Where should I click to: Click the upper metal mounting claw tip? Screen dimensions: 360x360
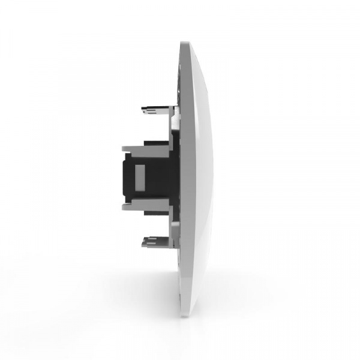pyautogui.click(x=142, y=109)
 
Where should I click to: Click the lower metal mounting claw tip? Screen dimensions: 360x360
pyautogui.click(x=142, y=243)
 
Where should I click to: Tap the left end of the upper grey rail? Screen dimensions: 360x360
pyautogui.click(x=124, y=148)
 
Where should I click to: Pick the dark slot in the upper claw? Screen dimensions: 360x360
pyautogui.click(x=153, y=110)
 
